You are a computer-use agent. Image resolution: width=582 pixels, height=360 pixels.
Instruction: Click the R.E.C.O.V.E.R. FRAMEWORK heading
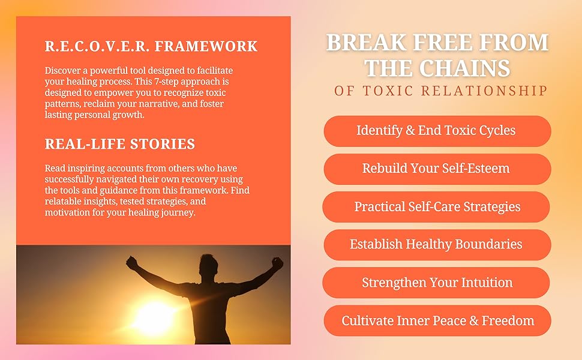pos(151,46)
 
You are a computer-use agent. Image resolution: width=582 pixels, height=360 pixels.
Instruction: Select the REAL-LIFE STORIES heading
pos(120,144)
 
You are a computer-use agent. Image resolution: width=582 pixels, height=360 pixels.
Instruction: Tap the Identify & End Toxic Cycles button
pos(436,131)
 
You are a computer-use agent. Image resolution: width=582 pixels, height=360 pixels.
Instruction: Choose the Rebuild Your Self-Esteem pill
pos(436,169)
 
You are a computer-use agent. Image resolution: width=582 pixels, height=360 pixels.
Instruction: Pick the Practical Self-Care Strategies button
pos(436,207)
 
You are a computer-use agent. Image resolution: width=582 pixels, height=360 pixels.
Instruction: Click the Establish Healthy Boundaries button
pos(436,245)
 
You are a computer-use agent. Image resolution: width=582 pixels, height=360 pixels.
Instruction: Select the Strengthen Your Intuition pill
pos(436,283)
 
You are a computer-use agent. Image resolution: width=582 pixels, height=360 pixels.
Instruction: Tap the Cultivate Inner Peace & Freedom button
pos(437,321)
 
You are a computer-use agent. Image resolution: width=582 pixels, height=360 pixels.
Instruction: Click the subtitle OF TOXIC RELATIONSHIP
pos(441,91)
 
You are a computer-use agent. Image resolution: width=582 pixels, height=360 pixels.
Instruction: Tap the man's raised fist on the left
pos(132,262)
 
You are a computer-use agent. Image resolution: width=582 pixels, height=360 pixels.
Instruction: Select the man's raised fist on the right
pos(277,263)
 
